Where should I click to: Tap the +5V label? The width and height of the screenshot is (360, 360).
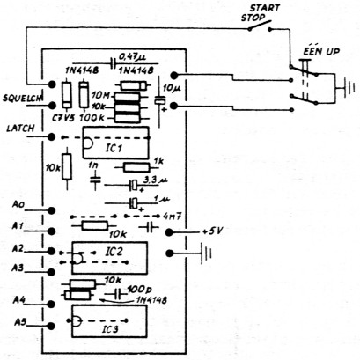click(214, 231)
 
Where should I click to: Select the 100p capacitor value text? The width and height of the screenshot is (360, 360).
click(139, 289)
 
